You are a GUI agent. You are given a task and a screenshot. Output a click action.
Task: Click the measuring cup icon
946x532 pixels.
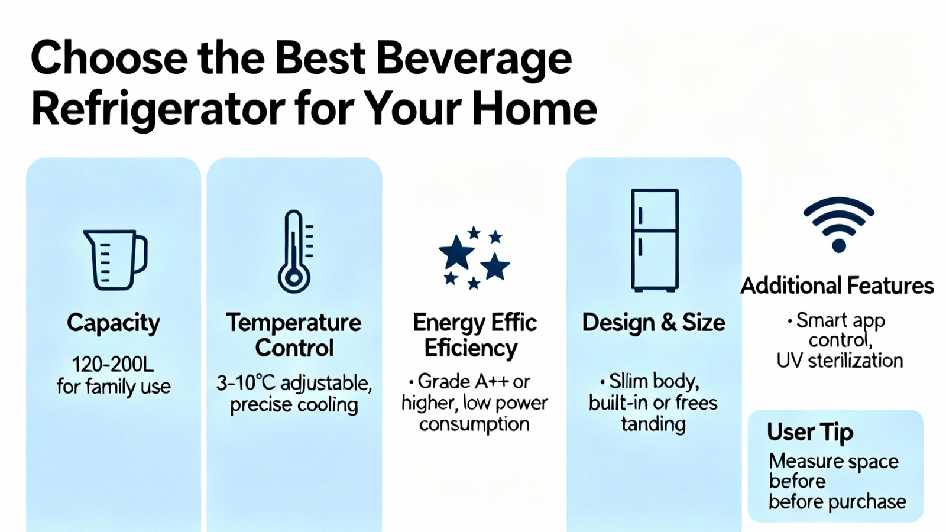pyautogui.click(x=114, y=260)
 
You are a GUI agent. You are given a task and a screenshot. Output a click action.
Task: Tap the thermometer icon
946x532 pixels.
pyautogui.click(x=294, y=251)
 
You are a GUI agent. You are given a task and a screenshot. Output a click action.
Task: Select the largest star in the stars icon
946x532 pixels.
pyautogui.click(x=456, y=252)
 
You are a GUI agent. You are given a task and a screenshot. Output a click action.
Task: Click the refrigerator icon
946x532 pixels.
pyautogui.click(x=655, y=240)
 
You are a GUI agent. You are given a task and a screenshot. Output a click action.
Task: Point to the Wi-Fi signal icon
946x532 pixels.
pyautogui.click(x=839, y=225)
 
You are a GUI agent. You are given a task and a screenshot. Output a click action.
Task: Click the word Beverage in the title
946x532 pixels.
pyautogui.click(x=474, y=59)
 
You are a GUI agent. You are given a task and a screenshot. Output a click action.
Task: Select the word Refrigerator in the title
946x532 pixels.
pyautogui.click(x=158, y=109)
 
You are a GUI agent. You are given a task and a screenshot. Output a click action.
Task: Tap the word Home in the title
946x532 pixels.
pyautogui.click(x=534, y=108)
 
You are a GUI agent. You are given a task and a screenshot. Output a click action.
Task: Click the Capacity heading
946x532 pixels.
pyautogui.click(x=114, y=323)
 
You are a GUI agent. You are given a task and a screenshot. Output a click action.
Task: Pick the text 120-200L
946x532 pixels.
pyautogui.click(x=113, y=365)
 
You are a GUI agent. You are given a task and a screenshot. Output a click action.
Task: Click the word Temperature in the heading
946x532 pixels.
pyautogui.click(x=294, y=323)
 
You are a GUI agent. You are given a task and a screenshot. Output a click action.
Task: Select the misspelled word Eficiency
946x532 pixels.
pyautogui.click(x=471, y=349)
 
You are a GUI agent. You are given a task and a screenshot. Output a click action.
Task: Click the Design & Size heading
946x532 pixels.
pyautogui.click(x=654, y=323)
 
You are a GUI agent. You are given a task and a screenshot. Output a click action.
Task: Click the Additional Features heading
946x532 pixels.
pyautogui.click(x=837, y=286)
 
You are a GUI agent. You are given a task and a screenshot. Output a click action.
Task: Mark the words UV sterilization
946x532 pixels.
pyautogui.click(x=840, y=361)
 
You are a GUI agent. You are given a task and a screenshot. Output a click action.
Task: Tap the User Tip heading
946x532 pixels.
pyautogui.click(x=810, y=433)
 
